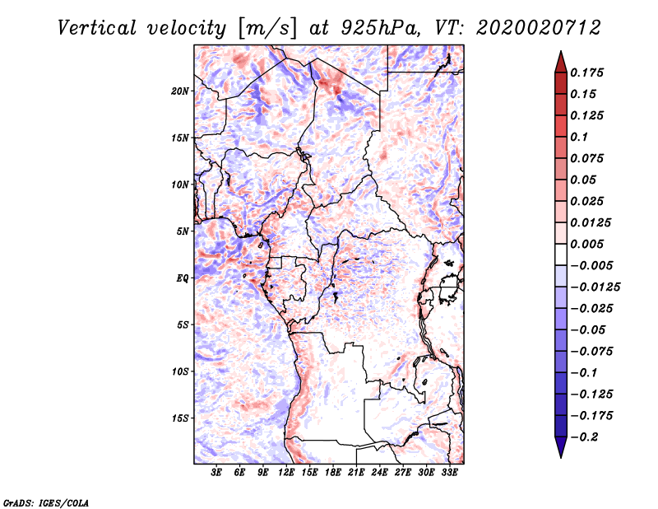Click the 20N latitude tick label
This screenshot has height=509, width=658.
point(181,91)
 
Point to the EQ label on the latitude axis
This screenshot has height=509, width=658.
point(183,278)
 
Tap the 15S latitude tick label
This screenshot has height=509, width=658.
point(181,418)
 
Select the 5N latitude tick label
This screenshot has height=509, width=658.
point(183,231)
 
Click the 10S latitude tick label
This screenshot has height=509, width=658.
point(181,371)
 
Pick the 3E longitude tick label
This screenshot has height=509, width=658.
point(217,473)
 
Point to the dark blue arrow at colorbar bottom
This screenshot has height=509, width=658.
point(560,449)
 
